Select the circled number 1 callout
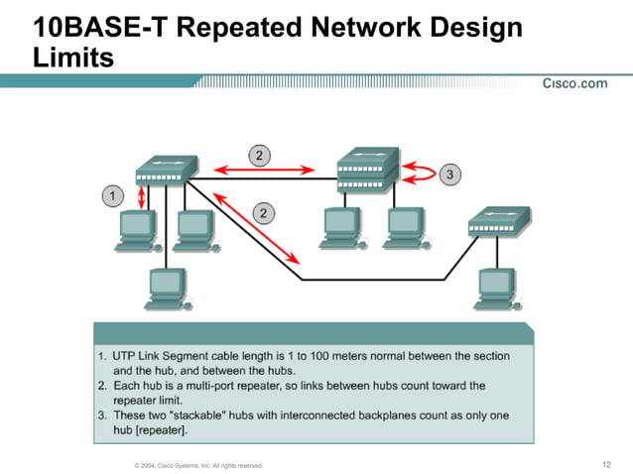point(113,196)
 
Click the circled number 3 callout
point(449,176)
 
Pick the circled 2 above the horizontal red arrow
point(259,155)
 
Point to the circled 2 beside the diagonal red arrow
point(264,212)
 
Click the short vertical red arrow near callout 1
point(142,195)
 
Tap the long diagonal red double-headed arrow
point(256,228)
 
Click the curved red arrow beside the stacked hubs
point(419,176)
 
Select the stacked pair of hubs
point(366,170)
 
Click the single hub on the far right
point(498,219)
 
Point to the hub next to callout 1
point(166,171)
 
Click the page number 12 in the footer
point(606,464)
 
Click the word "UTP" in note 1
point(126,355)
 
